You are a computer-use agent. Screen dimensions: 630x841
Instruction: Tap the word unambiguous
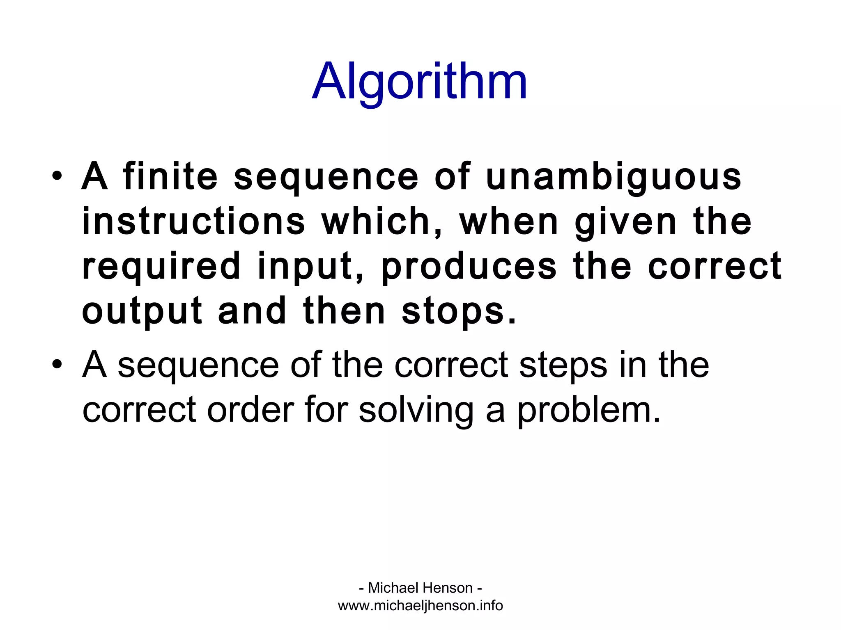point(614,177)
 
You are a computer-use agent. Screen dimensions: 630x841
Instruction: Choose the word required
point(161,267)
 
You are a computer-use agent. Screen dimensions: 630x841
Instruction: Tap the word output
point(142,311)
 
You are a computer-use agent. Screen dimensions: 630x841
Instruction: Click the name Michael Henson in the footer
point(420,588)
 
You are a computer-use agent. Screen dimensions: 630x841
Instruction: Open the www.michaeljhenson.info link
point(420,605)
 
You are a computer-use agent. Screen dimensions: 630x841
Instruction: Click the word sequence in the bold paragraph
point(326,177)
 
